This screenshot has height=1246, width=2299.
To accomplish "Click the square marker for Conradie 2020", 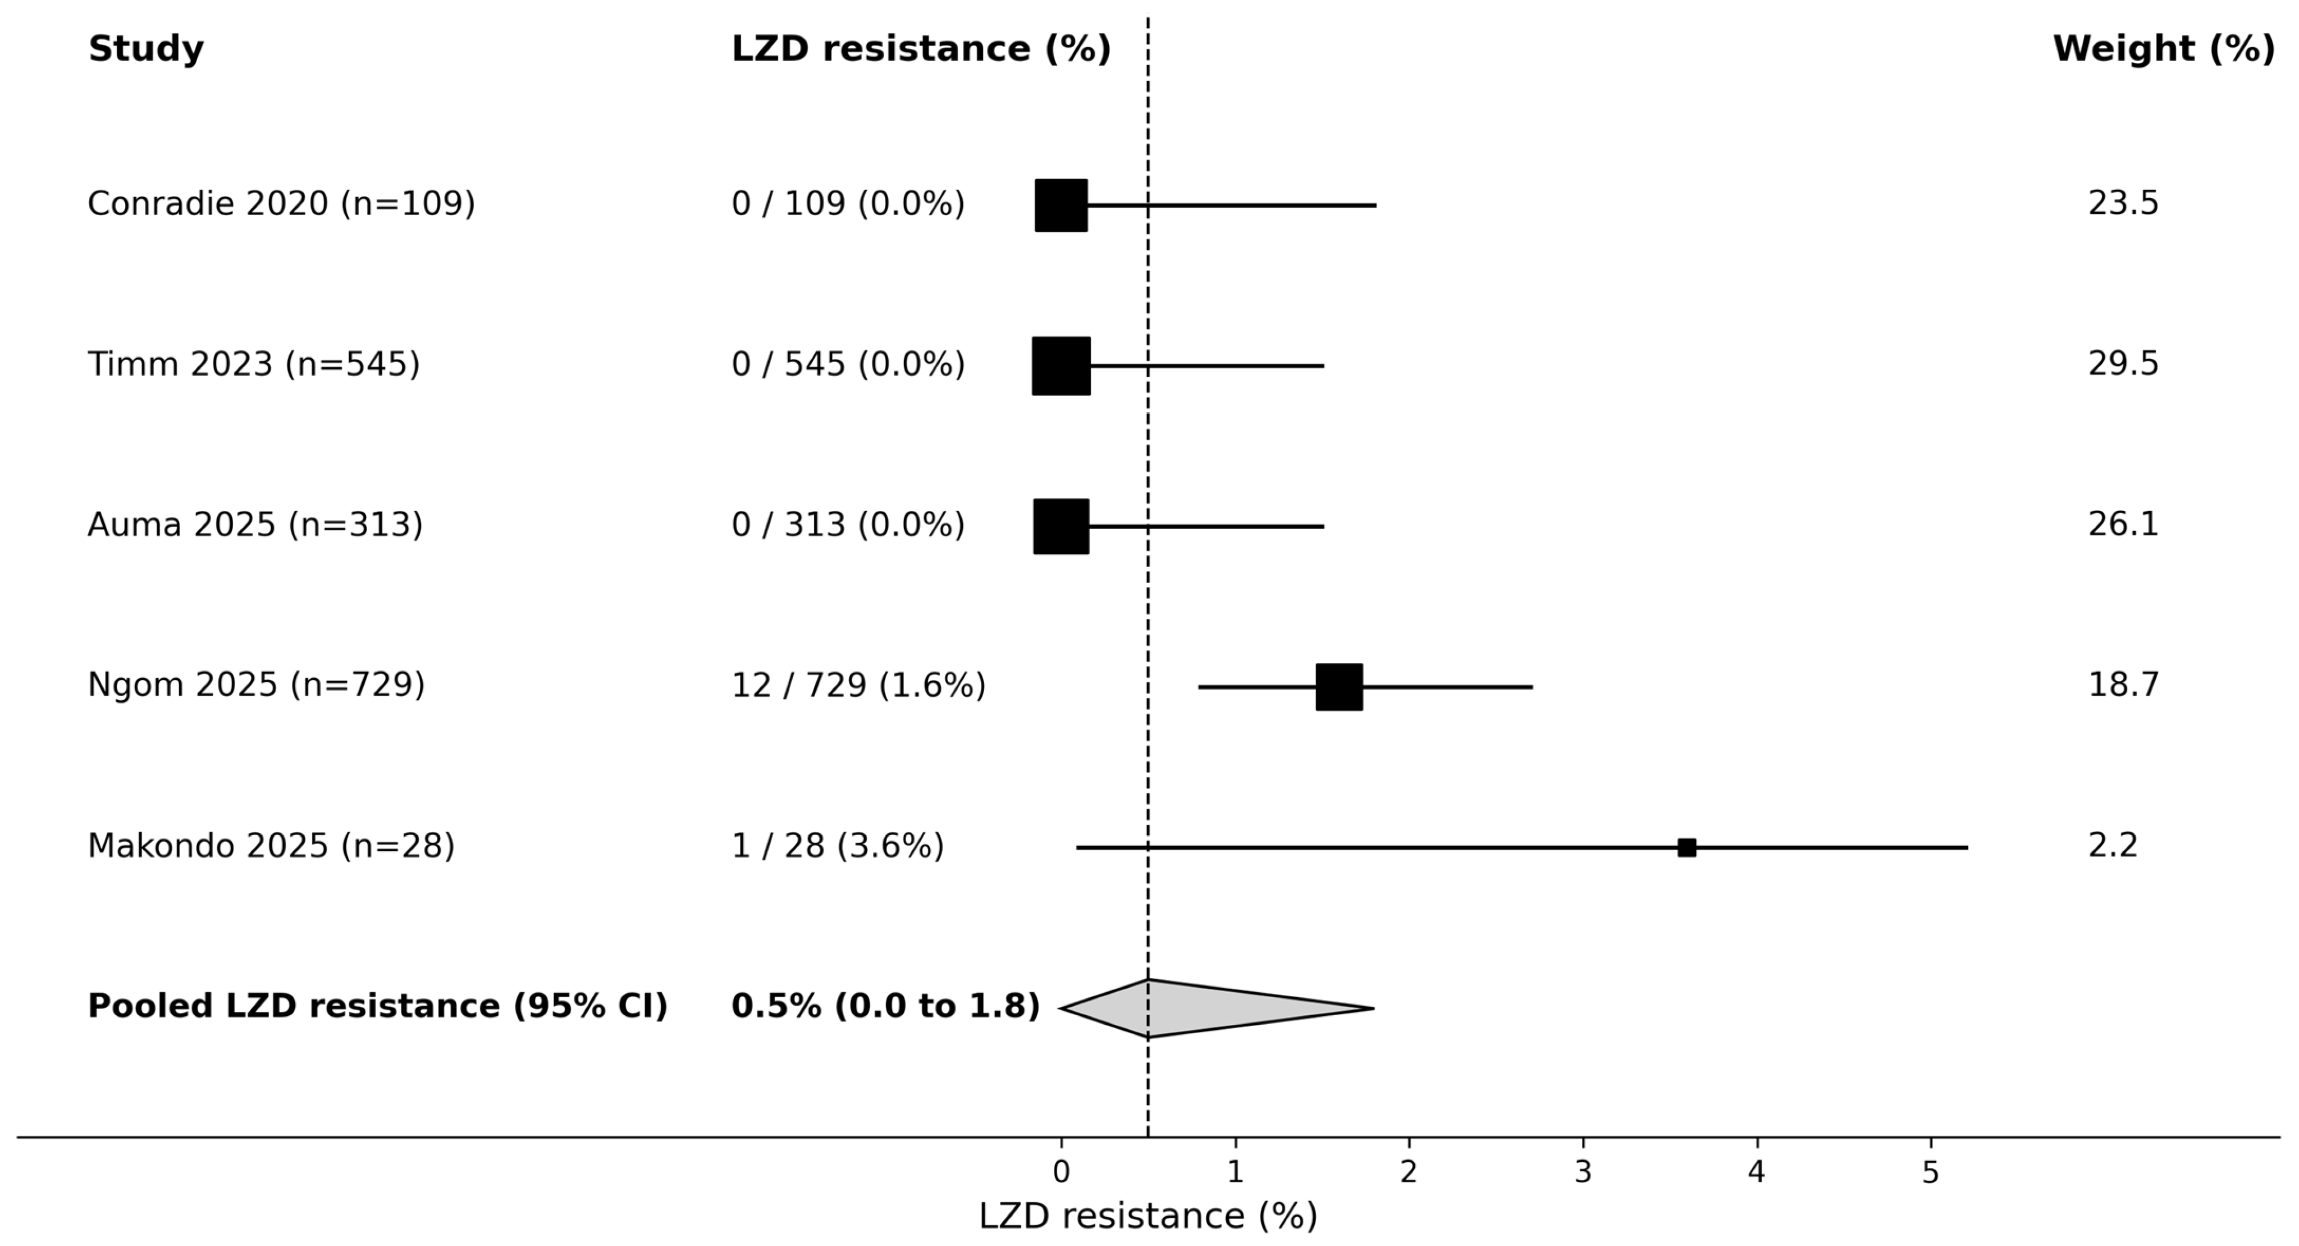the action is pos(1061,206).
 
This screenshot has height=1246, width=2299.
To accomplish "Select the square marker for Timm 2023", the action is pos(1061,366).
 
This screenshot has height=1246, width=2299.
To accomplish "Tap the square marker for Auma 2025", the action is pos(1061,527).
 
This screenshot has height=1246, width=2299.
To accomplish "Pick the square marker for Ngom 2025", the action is pos(1339,687).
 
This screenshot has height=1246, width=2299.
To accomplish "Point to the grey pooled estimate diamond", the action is pos(1217,1008).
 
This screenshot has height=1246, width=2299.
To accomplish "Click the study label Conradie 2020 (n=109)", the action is pos(281,204).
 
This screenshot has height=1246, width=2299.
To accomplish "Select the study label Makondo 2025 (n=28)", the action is pos(271,846).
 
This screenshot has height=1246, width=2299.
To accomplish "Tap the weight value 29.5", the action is pos(2123,364).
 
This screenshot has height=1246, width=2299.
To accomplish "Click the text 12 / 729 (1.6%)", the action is pos(858,686).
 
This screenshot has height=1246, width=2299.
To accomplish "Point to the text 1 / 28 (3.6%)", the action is pos(837,846).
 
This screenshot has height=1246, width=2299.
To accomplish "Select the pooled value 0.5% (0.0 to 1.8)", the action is pos(885,1007).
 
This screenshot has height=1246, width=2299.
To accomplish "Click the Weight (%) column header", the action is pos(2163,49).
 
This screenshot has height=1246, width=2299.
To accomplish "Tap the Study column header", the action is pos(145,49).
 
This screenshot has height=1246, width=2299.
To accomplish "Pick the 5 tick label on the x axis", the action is pos(1930,1173).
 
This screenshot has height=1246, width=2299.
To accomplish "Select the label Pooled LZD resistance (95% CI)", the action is pos(377,1007).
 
